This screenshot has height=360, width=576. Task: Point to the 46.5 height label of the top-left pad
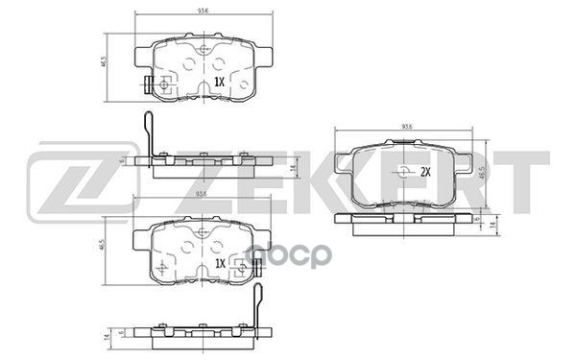104,65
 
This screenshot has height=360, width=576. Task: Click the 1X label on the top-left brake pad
218,84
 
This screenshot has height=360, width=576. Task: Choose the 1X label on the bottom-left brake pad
218,263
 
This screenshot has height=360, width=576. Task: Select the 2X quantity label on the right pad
423,173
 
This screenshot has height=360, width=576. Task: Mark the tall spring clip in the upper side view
146,134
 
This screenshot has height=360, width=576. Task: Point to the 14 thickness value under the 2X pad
492,224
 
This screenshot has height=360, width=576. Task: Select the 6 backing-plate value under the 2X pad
477,217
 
